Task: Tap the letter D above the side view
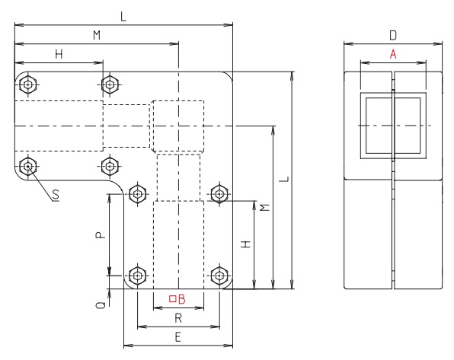pyautogui.click(x=392, y=34)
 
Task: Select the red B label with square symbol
pyautogui.click(x=177, y=298)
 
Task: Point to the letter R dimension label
pyautogui.click(x=178, y=317)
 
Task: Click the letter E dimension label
pyautogui.click(x=177, y=335)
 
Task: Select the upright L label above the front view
pyautogui.click(x=123, y=16)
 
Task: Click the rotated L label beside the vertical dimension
pyautogui.click(x=283, y=180)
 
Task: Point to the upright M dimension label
pyautogui.click(x=96, y=35)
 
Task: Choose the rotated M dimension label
pyautogui.click(x=264, y=208)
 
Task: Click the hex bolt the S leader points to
pyautogui.click(x=29, y=165)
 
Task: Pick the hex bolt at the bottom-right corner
pyautogui.click(x=219, y=275)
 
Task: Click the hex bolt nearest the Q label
pyautogui.click(x=137, y=275)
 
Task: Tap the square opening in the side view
pyautogui.click(x=392, y=125)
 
